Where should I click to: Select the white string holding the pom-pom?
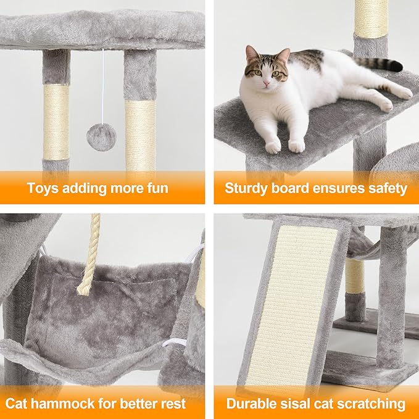point(102,86)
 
